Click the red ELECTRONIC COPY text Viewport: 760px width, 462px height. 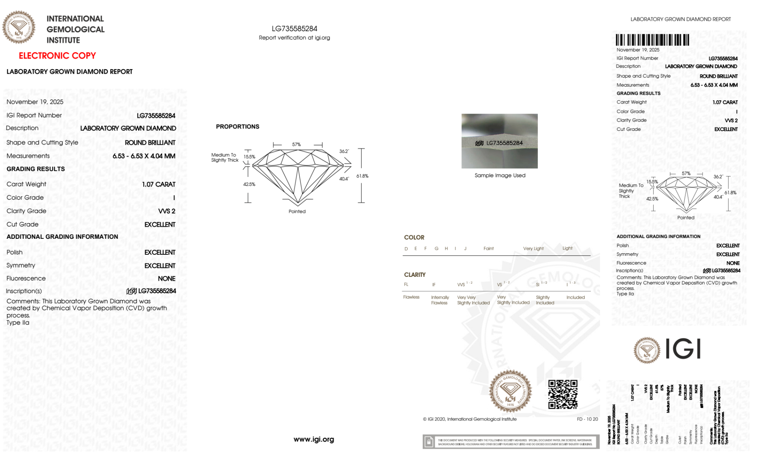[57, 56]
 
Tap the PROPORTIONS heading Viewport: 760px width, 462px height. [237, 127]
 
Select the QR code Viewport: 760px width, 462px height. [562, 394]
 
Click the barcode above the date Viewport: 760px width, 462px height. [652, 40]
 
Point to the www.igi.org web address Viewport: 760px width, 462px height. [314, 440]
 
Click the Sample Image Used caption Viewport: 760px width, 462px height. [500, 175]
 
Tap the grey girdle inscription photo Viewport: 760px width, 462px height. [499, 141]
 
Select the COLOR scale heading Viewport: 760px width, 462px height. [414, 237]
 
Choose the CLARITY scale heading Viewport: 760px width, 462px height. [415, 275]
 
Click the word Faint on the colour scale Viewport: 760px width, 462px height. [488, 249]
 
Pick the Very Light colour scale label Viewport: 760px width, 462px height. [533, 249]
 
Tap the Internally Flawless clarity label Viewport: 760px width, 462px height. [440, 300]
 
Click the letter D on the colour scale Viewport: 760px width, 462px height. [406, 249]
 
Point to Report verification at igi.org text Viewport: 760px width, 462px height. [294, 38]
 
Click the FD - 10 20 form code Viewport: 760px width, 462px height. [587, 419]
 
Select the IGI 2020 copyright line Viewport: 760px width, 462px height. [470, 419]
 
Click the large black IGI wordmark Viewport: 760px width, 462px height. [683, 349]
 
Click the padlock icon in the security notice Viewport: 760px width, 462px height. [429, 442]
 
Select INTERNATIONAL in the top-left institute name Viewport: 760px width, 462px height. [75, 19]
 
